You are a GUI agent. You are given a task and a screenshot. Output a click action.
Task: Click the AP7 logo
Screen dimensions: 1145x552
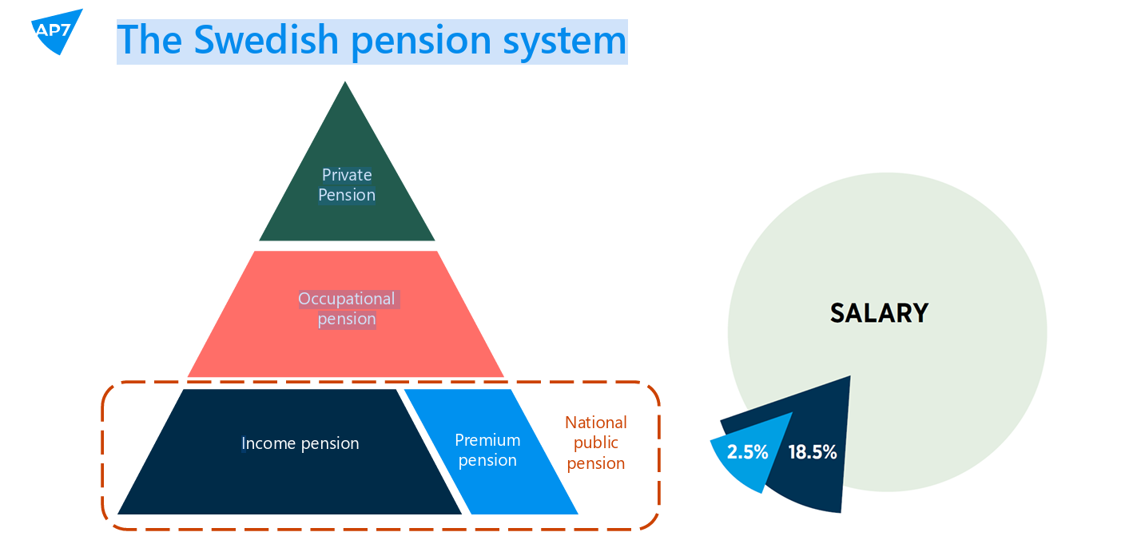(57, 30)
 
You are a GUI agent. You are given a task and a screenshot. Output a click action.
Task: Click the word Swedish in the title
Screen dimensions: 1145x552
(266, 40)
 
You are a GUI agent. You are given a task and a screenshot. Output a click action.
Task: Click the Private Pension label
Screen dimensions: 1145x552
(347, 185)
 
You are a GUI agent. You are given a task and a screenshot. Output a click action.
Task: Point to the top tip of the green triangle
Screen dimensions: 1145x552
(345, 81)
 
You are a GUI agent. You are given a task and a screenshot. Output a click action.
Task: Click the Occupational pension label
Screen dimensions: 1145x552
(347, 308)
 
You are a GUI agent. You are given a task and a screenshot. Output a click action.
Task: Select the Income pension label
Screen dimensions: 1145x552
(300, 443)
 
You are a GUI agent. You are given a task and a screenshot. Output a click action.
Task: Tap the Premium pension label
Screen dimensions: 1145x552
(487, 451)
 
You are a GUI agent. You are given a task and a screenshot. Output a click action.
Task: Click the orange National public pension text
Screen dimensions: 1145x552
(596, 443)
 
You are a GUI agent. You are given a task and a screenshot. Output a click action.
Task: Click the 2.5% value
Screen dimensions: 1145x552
(747, 452)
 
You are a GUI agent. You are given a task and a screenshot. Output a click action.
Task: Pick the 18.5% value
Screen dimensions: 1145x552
(813, 452)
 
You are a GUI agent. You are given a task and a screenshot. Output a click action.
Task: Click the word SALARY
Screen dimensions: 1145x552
(879, 313)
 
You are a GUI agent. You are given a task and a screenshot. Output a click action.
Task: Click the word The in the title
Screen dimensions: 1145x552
(149, 40)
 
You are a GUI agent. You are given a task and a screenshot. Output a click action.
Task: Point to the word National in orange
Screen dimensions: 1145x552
(596, 423)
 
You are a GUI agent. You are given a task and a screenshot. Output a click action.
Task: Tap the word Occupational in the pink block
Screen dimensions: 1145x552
(347, 299)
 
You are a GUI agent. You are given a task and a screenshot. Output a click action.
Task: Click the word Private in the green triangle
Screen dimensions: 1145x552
(347, 175)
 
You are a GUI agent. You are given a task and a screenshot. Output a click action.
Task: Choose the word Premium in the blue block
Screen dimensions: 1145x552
(487, 440)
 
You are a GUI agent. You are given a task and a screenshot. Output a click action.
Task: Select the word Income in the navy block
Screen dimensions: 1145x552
(268, 443)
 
